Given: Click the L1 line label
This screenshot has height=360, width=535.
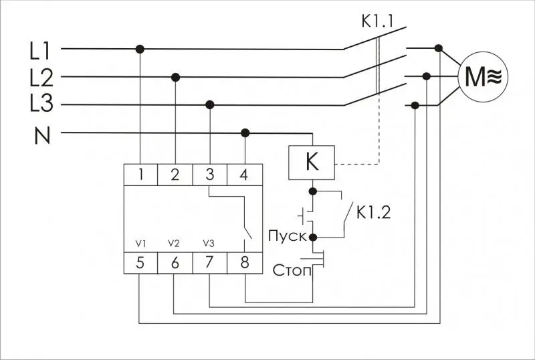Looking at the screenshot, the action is (x=40, y=52).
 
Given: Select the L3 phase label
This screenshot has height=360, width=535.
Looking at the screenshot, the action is (x=41, y=103).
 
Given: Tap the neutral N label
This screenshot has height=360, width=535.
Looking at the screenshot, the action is (x=42, y=135).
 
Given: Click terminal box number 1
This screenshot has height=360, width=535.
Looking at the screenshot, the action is (x=140, y=175).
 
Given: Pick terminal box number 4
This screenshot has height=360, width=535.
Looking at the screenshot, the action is (x=244, y=175).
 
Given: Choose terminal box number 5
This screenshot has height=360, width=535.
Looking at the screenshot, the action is (x=140, y=263).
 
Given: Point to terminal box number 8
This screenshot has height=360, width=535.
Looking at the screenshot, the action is (x=244, y=263).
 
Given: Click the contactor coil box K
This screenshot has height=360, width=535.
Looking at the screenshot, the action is (x=312, y=163).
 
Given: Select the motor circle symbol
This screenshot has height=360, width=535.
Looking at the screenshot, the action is (x=482, y=77).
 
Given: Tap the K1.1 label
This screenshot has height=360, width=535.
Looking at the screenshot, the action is (x=377, y=21).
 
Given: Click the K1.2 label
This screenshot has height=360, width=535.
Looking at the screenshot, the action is (x=373, y=212).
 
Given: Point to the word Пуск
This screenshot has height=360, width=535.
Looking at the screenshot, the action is (x=288, y=236).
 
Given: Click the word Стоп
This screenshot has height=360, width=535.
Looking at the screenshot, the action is (x=292, y=270).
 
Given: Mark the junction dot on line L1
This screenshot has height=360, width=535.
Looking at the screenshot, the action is (x=140, y=50).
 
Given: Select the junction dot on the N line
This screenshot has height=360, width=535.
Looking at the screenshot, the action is (x=245, y=133).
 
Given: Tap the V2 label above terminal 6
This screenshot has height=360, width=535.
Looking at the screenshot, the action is (x=174, y=244).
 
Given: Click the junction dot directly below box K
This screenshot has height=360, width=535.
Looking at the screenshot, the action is (x=312, y=191).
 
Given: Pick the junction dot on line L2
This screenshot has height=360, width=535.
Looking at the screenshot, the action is (x=175, y=78).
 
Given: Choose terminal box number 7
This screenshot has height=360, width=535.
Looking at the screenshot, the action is (x=210, y=263).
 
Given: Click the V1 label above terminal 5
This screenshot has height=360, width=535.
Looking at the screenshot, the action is (x=140, y=244).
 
